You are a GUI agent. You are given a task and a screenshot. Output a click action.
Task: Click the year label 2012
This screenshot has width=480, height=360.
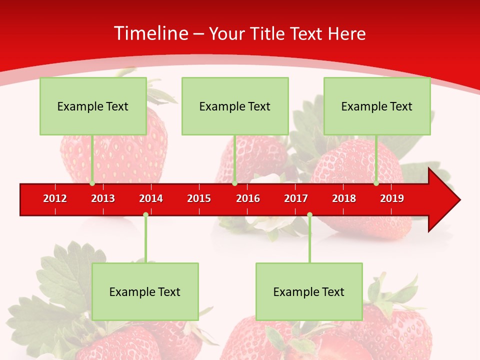coord(55,198)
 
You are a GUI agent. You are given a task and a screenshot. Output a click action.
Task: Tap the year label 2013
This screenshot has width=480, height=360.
coord(103,198)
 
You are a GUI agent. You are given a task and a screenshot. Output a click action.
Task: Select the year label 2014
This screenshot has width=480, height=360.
coord(151,198)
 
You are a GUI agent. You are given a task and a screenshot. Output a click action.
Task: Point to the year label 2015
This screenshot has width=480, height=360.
coord(199,198)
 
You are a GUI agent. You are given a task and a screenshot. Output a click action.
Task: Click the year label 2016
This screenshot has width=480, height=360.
coord(248,198)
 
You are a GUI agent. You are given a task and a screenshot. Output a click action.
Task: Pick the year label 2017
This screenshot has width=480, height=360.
coord(296,198)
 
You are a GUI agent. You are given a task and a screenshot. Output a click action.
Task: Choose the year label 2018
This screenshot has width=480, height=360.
coord(344,198)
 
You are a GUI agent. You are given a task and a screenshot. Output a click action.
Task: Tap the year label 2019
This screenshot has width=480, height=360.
coord(392,198)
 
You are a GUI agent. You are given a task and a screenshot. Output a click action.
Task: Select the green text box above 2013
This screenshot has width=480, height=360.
coord(93,106)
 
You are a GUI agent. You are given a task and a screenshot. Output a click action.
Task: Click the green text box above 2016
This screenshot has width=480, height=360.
coord(235,106)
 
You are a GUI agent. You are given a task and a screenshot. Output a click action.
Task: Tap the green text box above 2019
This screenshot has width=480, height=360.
coord(377,106)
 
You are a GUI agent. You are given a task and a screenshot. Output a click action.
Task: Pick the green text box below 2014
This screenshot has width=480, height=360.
coord(145,291)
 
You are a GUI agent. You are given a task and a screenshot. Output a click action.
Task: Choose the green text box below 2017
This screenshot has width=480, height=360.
coord(309,291)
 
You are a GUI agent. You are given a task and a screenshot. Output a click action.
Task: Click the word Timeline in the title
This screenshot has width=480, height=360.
coord(151,33)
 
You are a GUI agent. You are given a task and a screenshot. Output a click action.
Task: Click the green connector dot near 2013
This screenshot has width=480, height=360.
coord(92,183)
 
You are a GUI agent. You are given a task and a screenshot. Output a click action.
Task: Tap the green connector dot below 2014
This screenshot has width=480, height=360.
coord(145,214)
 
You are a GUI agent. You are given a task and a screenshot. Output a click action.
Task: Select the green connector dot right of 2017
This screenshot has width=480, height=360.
coord(309,214)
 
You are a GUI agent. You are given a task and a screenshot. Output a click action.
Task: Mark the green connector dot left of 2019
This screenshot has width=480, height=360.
coord(376,183)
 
